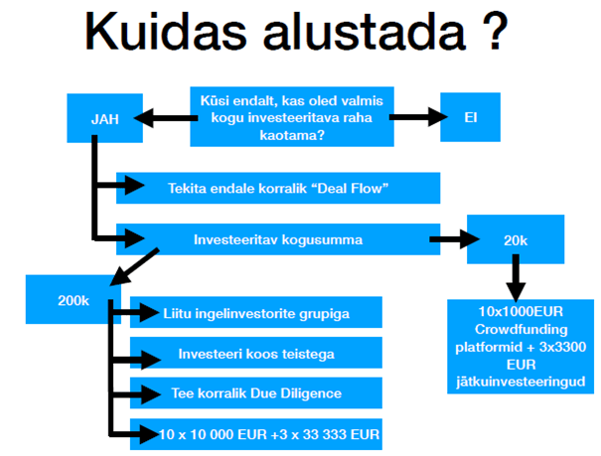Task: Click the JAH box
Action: click(105, 118)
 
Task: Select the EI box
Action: click(470, 117)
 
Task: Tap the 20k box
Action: click(516, 239)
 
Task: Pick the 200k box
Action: click(74, 299)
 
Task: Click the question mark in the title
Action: click(495, 31)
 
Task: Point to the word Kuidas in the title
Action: click(166, 31)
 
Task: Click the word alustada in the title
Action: click(365, 31)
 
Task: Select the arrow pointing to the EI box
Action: click(418, 117)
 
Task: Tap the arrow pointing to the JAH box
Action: click(166, 118)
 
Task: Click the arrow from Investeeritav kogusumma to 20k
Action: click(455, 239)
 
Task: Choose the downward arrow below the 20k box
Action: click(516, 278)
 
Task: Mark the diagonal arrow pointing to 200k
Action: click(134, 266)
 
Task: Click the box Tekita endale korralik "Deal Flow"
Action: click(278, 188)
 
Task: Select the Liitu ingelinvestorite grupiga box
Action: click(256, 312)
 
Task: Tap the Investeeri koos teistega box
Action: click(256, 353)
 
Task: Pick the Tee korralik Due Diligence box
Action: click(256, 393)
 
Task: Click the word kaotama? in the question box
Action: click(292, 135)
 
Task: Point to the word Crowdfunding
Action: click(521, 329)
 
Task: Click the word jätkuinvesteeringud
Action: click(521, 381)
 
